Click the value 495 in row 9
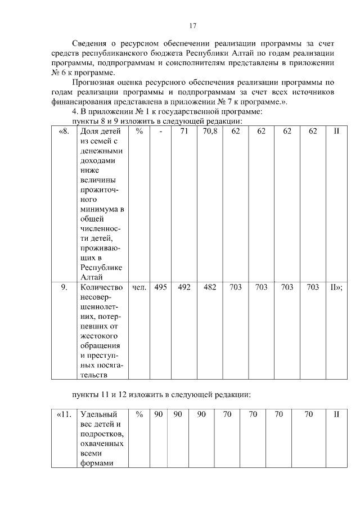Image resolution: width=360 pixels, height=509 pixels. tap(160, 287)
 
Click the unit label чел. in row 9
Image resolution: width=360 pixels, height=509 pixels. tap(139, 287)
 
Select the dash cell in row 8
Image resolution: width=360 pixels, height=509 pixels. tap(160, 131)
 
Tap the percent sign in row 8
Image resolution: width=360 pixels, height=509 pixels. tap(139, 131)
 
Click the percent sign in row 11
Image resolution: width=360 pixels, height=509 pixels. tap(139, 415)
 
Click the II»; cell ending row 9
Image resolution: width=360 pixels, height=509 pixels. tap(336, 287)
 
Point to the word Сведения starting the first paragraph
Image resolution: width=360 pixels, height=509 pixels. tap(91, 44)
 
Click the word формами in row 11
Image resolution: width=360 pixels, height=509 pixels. tap(97, 463)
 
